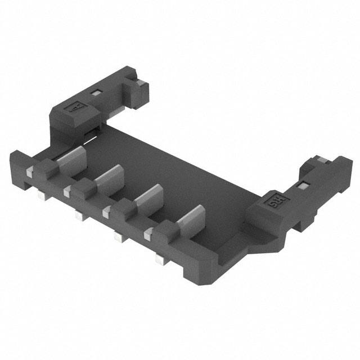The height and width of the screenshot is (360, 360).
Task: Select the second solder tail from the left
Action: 78,214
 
